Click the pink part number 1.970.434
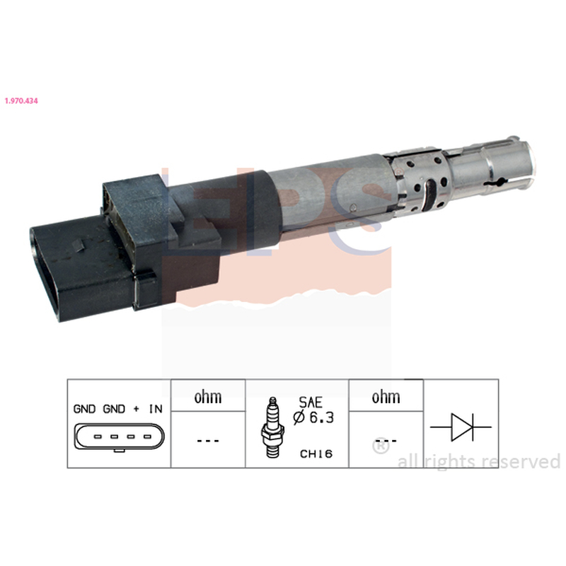click(x=21, y=100)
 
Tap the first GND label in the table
click(x=84, y=409)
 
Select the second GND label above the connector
click(x=114, y=409)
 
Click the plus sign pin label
click(x=136, y=409)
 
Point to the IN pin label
click(x=156, y=409)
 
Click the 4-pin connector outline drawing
click(x=119, y=437)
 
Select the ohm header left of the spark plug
click(x=208, y=397)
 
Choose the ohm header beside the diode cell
click(x=386, y=397)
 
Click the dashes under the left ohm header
click(x=208, y=441)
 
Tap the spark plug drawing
click(x=272, y=428)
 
